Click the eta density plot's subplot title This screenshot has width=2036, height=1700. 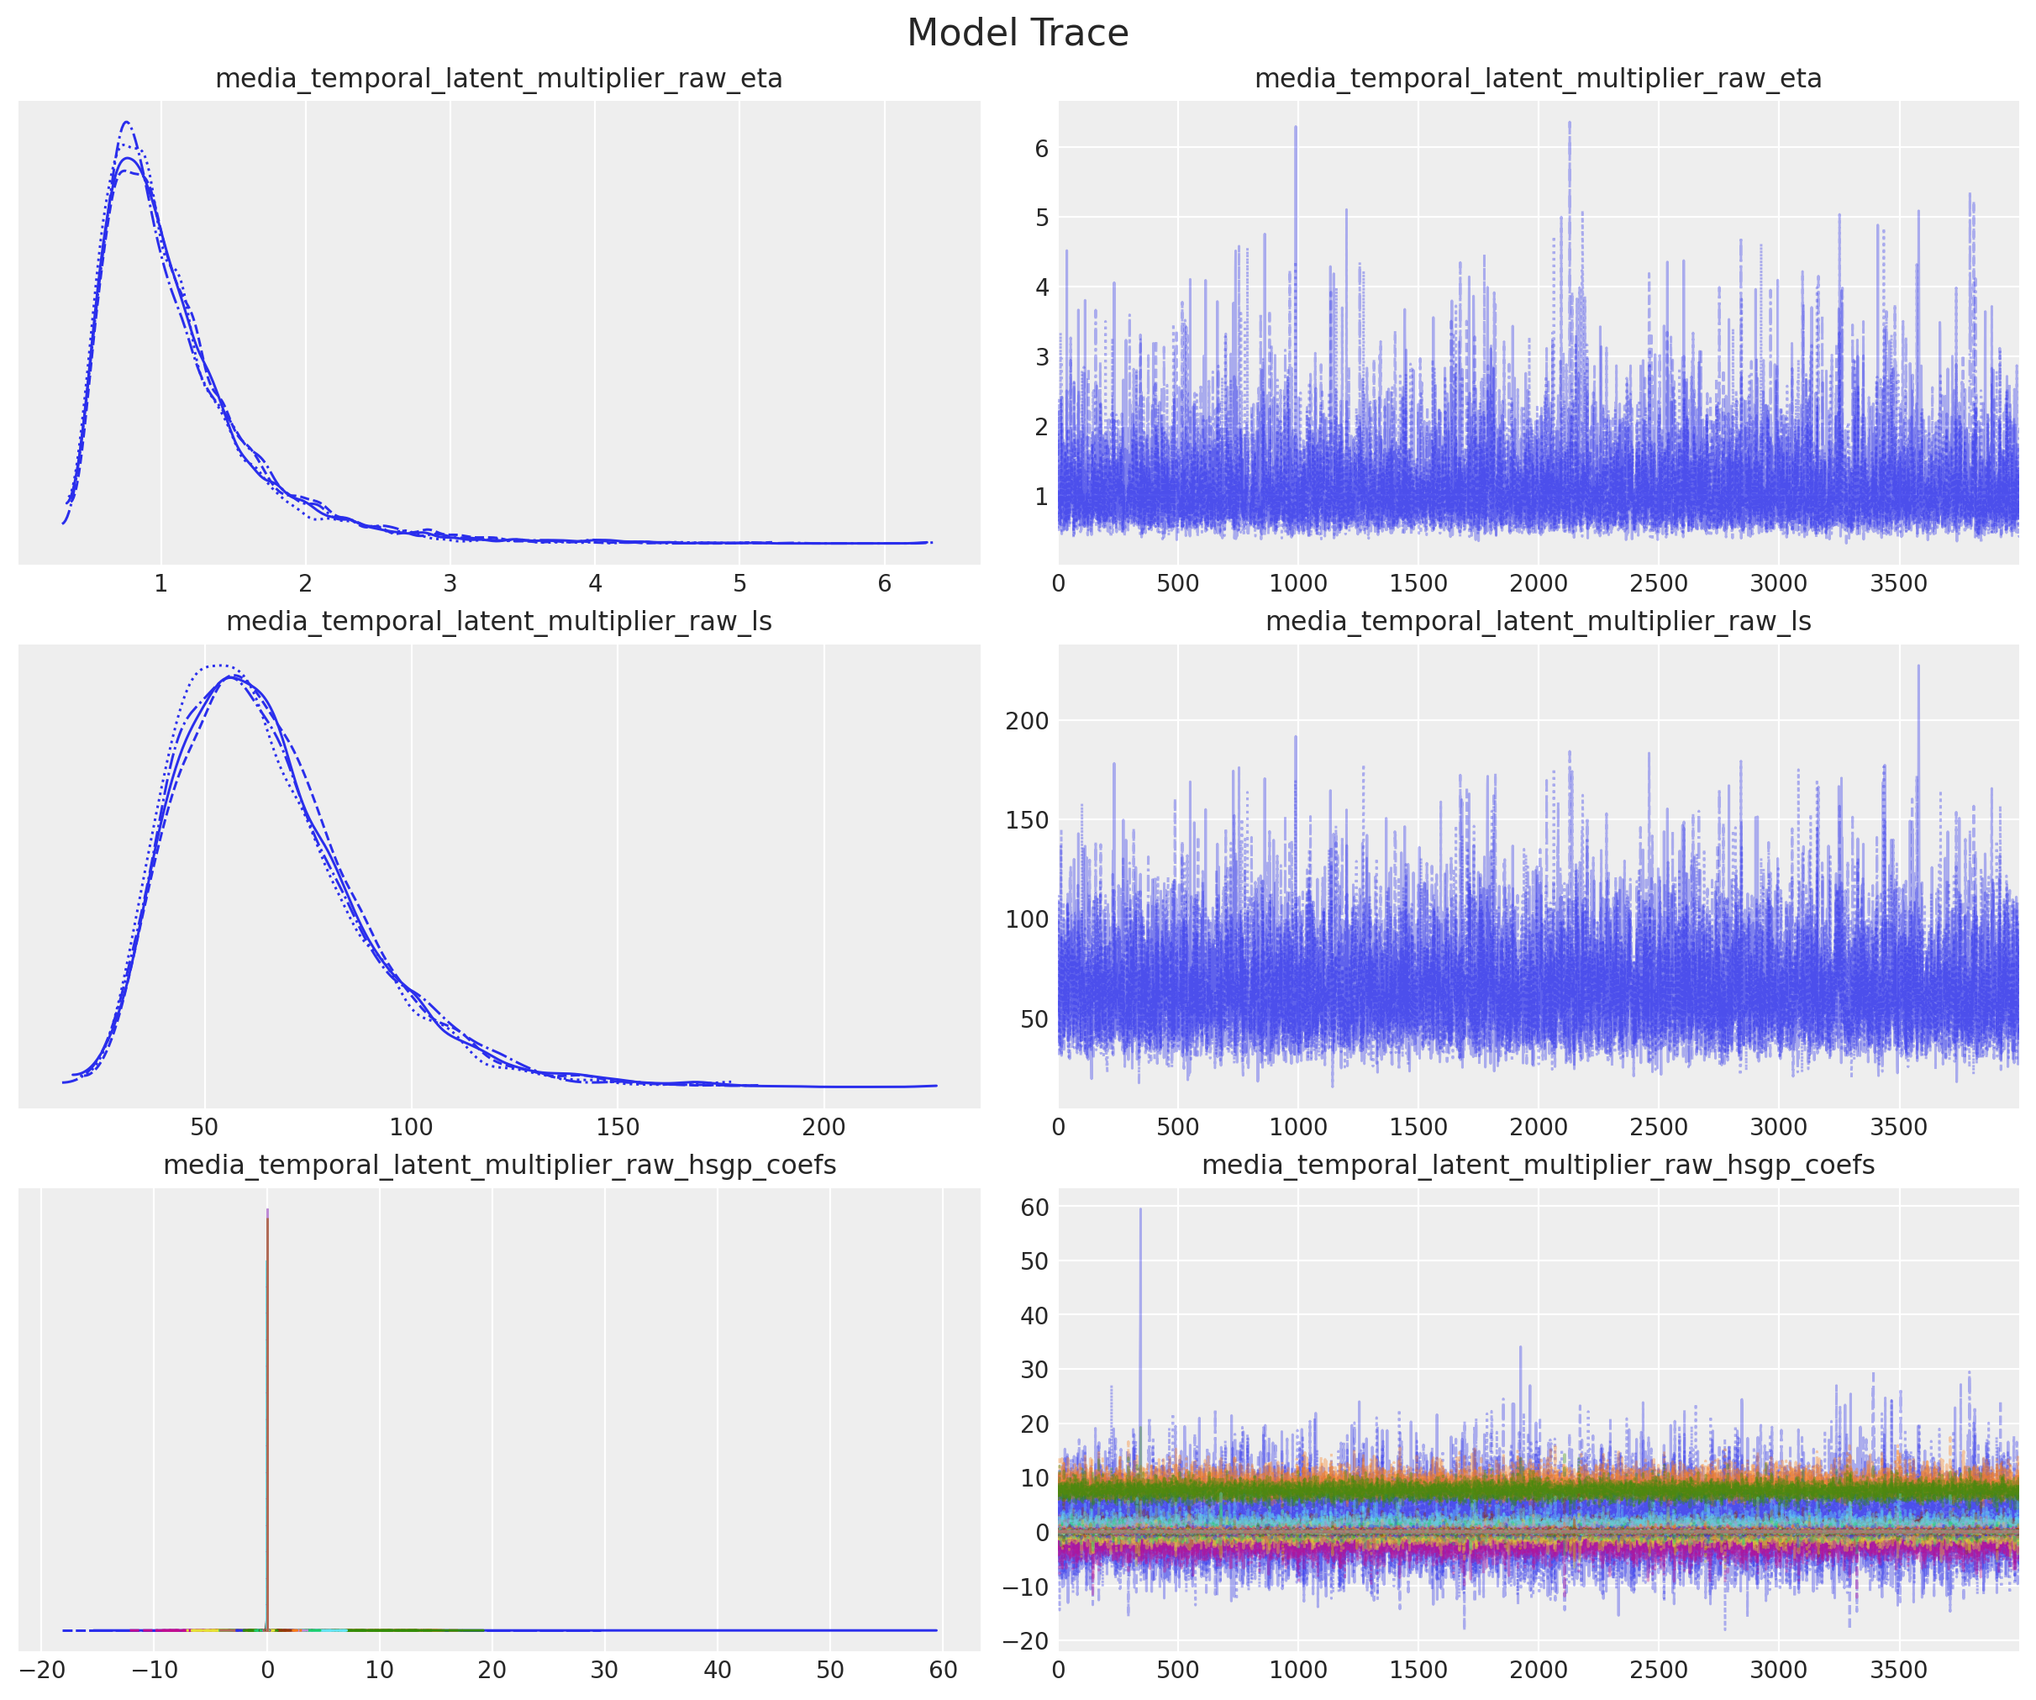click(x=498, y=78)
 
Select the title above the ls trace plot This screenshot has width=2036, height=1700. click(x=1538, y=622)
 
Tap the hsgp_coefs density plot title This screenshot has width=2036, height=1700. click(x=498, y=1165)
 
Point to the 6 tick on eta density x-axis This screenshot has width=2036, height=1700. click(x=884, y=584)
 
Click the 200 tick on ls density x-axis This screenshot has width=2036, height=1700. click(x=823, y=1127)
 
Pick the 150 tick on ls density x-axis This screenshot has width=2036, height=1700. click(x=618, y=1127)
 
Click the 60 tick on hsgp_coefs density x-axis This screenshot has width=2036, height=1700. click(x=943, y=1670)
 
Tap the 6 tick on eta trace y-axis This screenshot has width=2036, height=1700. click(x=1041, y=149)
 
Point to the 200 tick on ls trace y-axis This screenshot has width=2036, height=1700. click(x=1028, y=720)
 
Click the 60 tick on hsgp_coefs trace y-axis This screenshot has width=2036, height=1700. click(x=1035, y=1208)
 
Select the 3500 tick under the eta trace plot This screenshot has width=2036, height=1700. click(x=1898, y=584)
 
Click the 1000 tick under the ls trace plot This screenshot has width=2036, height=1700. click(x=1298, y=1127)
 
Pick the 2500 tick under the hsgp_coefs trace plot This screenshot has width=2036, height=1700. click(x=1658, y=1670)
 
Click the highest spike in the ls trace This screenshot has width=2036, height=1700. click(x=1918, y=666)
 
